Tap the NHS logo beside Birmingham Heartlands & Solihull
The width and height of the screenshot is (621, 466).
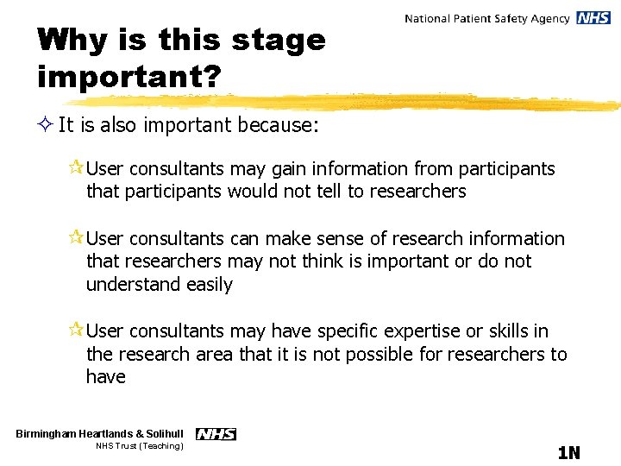pos(216,434)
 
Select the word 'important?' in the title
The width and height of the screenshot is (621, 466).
pos(129,76)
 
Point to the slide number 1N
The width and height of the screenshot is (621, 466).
pos(568,453)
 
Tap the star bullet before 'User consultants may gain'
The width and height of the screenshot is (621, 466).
pos(76,168)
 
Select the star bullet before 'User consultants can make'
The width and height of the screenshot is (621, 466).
pos(76,238)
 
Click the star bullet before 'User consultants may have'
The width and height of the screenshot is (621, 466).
pos(76,331)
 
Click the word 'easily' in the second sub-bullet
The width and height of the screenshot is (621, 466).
pos(207,284)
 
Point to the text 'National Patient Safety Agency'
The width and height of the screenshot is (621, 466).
pos(487,18)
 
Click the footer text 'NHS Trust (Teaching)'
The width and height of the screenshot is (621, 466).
pos(139,446)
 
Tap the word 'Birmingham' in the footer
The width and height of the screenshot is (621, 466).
pos(50,433)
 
